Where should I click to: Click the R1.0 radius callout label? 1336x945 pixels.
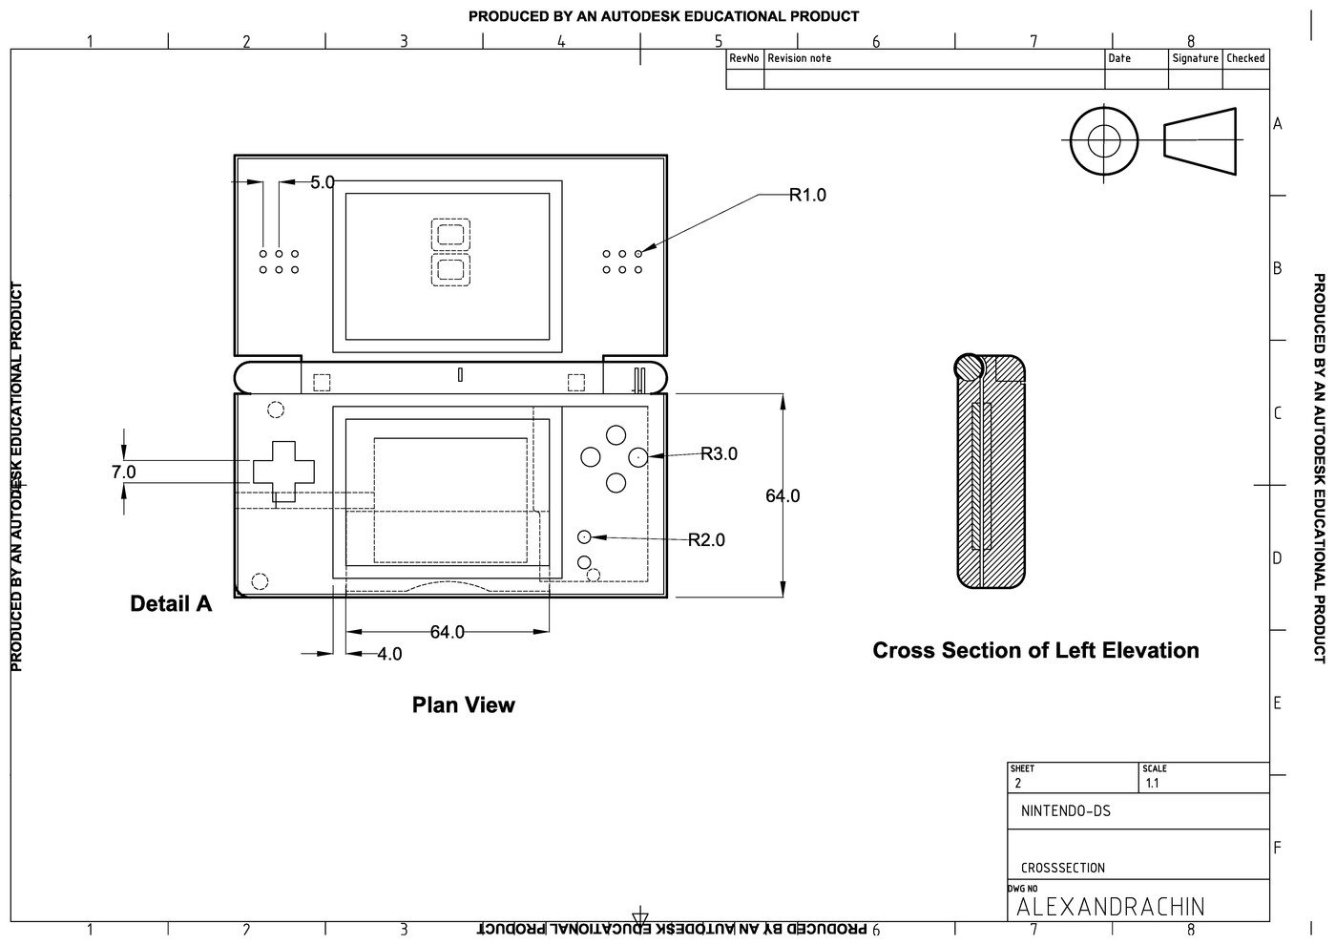pyautogui.click(x=807, y=195)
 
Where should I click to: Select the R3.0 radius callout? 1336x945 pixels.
pyautogui.click(x=719, y=454)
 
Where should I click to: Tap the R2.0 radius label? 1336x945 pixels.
pyautogui.click(x=706, y=540)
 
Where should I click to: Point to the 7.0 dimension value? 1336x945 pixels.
pyautogui.click(x=123, y=472)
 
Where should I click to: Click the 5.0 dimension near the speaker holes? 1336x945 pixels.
pyautogui.click(x=323, y=182)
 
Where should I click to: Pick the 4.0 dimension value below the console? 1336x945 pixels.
pyautogui.click(x=389, y=654)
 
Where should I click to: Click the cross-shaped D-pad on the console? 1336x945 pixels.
pyautogui.click(x=283, y=471)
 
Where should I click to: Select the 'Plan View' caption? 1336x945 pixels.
pyautogui.click(x=463, y=704)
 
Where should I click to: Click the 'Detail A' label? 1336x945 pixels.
pyautogui.click(x=171, y=603)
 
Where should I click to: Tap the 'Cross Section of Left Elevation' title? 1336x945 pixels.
pyautogui.click(x=1035, y=650)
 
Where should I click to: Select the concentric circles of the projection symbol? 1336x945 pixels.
pyautogui.click(x=1104, y=141)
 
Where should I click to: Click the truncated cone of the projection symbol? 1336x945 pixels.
pyautogui.click(x=1200, y=141)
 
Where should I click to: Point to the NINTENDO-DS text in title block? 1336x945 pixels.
pyautogui.click(x=1065, y=812)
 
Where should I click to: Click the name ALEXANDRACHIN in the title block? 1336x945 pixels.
pyautogui.click(x=1111, y=906)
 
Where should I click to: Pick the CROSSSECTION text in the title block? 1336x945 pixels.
pyautogui.click(x=1062, y=868)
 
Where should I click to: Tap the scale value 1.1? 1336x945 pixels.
pyautogui.click(x=1152, y=784)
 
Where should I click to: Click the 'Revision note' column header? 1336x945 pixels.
pyautogui.click(x=799, y=58)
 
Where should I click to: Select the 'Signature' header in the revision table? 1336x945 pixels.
pyautogui.click(x=1195, y=58)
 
